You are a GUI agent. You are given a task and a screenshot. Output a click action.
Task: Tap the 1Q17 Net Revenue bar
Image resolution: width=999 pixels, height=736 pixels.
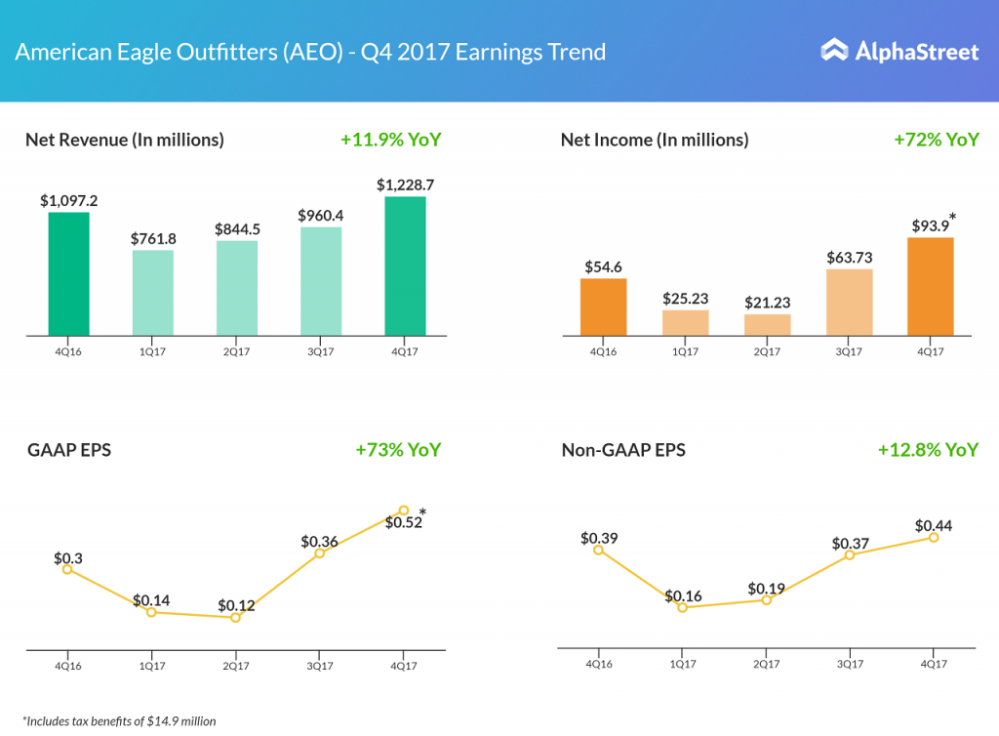tap(153, 293)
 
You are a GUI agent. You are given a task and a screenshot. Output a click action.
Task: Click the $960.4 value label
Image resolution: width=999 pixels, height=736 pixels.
tap(321, 214)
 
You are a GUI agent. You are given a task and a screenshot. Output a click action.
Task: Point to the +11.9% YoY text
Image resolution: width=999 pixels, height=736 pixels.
tap(390, 140)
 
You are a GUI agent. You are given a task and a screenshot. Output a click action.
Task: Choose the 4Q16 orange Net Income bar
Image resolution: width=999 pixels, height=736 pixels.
tap(603, 307)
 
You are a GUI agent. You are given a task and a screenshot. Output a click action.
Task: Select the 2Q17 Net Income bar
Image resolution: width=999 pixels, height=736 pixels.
tap(767, 325)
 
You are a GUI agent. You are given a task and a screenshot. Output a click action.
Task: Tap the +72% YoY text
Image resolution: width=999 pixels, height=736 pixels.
tap(936, 140)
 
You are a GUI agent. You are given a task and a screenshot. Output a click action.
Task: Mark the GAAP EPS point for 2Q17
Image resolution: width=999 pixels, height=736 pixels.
tap(235, 617)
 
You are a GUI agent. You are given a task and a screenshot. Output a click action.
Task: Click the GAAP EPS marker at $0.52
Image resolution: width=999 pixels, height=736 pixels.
tap(404, 511)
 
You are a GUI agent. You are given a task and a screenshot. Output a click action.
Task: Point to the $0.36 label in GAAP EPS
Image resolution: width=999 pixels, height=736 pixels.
tap(320, 541)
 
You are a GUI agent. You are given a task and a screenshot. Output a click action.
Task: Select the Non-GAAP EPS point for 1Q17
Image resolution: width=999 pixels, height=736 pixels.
tap(682, 607)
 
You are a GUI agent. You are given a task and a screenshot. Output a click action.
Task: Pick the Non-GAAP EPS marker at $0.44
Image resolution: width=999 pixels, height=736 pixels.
tap(934, 537)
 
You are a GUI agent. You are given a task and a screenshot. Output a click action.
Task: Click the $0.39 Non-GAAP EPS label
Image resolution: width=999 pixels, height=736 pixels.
tap(598, 538)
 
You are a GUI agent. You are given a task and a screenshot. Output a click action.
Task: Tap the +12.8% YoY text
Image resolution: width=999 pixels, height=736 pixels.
tap(928, 450)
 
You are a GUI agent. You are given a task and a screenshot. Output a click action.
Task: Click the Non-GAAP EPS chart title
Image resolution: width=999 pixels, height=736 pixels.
tap(623, 450)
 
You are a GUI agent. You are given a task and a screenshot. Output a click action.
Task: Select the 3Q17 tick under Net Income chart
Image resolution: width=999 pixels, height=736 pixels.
tap(850, 351)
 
